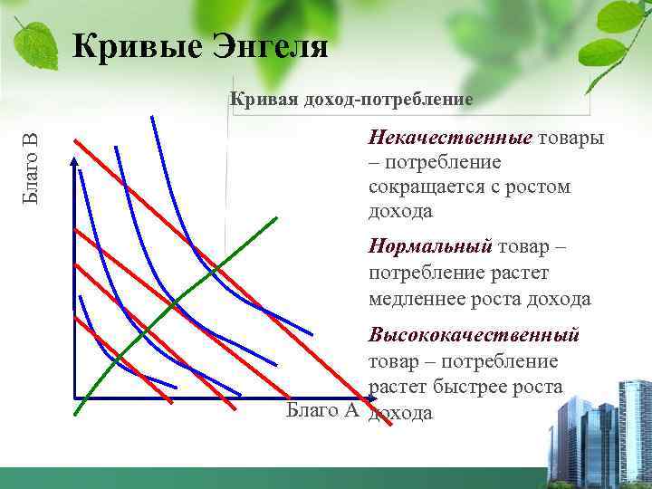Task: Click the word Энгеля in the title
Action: point(269,44)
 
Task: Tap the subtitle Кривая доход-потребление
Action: point(351,99)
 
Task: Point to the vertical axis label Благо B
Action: point(31,168)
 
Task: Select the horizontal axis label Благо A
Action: point(322,411)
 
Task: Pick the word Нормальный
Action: point(429,247)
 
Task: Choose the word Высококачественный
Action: point(473,336)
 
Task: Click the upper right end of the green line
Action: point(275,217)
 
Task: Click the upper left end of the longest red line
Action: point(75,140)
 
